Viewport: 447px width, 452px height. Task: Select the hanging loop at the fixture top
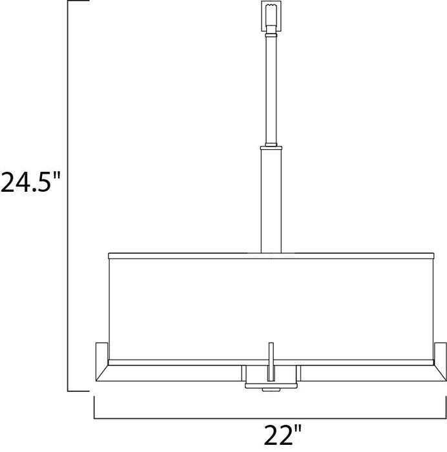pyautogui.click(x=271, y=18)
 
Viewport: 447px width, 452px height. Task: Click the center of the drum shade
pyautogui.click(x=271, y=303)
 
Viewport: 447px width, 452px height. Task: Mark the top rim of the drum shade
pyautogui.click(x=271, y=252)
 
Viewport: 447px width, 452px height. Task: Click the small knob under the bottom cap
pyautogui.click(x=271, y=389)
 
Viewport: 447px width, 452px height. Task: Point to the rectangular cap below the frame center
pyautogui.click(x=271, y=376)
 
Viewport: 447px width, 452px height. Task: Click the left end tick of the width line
pyautogui.click(x=95, y=408)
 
